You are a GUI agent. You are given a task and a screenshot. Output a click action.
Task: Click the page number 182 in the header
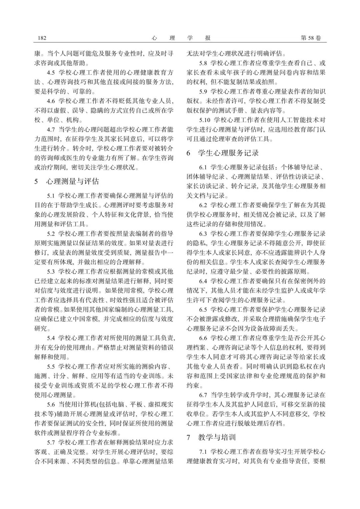coord(42,38)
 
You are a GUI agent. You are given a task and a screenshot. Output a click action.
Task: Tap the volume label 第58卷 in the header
coord(311,38)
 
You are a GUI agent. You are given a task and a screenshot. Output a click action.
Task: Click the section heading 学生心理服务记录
coord(228,153)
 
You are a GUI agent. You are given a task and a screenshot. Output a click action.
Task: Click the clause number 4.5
coord(51,72)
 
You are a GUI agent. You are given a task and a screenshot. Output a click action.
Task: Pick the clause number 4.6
coord(51,101)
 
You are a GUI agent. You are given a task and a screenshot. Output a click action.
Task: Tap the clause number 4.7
coord(51,129)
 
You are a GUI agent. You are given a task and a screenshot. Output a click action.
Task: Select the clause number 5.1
coord(51,196)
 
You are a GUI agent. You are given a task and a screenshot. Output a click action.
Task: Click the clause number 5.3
coord(51,271)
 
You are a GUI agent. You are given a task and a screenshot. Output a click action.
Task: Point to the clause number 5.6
coord(51,405)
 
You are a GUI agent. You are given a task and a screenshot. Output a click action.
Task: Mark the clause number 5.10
coord(205,120)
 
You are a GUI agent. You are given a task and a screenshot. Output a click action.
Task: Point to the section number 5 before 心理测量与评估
coord(36,182)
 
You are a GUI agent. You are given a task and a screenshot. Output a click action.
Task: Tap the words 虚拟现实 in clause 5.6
coord(162,405)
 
